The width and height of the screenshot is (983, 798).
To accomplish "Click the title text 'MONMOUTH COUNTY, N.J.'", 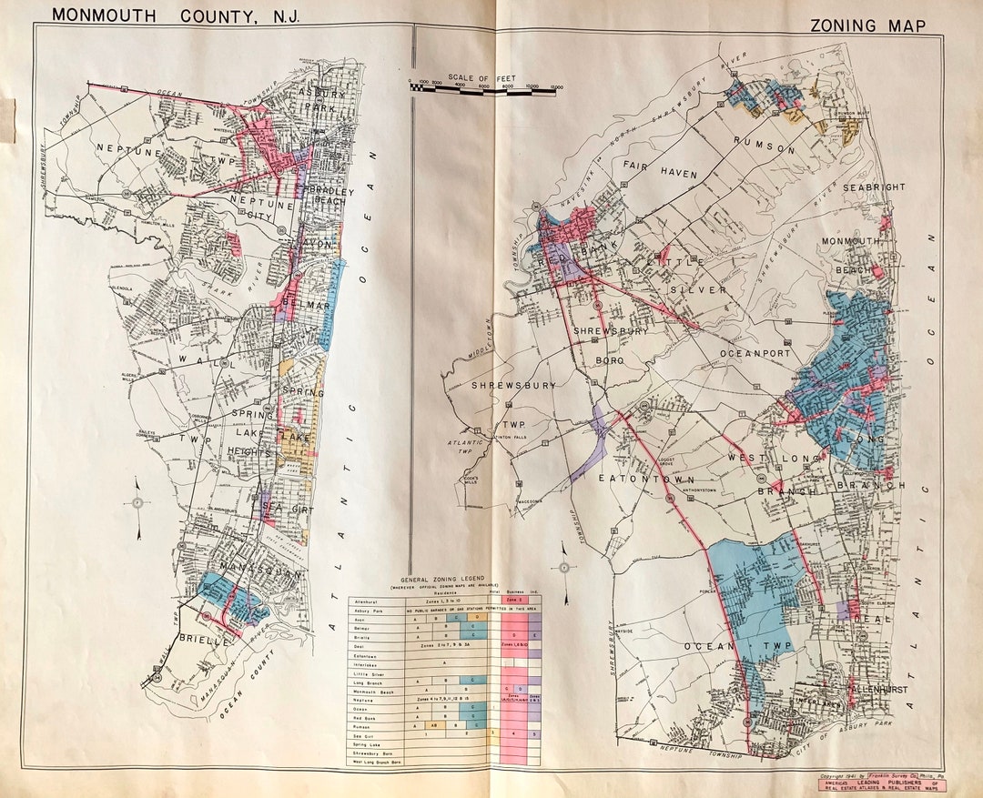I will click(175, 15).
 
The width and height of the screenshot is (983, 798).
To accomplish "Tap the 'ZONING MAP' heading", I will click(867, 26).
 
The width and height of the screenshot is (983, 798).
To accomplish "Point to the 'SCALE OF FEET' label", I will click(481, 78).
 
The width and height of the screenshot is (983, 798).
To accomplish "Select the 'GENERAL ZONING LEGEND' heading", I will click(444, 580).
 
